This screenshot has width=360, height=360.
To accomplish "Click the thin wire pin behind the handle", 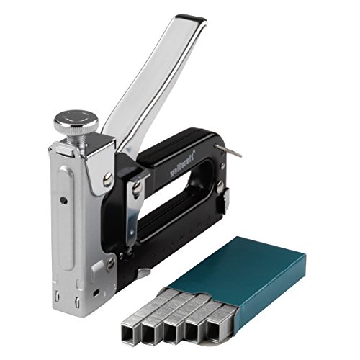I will coord(233,150).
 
